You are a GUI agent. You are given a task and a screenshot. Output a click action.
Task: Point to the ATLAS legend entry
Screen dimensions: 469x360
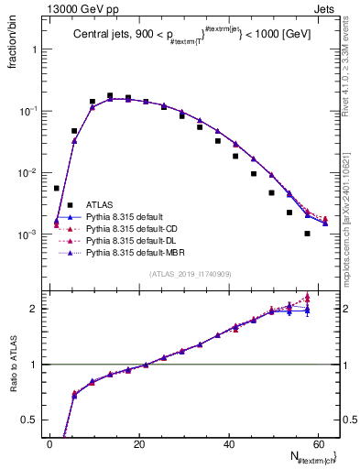tap(98, 204)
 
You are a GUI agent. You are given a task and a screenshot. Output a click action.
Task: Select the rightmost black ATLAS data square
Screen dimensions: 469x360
tap(308, 234)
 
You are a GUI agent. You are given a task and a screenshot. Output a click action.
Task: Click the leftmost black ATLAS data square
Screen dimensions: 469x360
tap(57, 188)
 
